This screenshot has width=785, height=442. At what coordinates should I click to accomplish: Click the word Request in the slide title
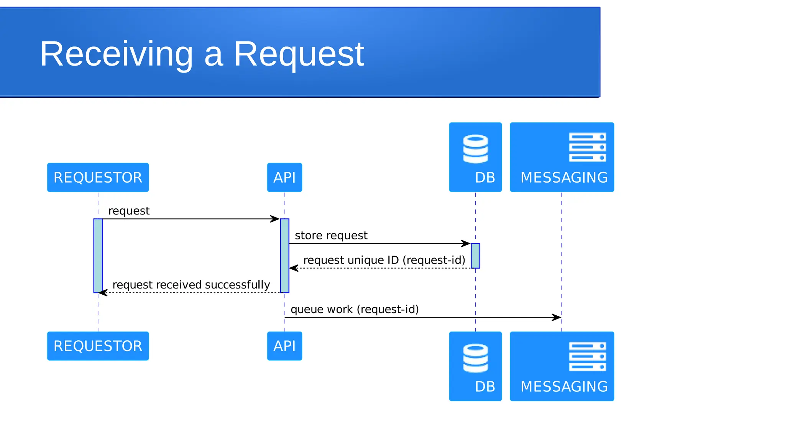(299, 54)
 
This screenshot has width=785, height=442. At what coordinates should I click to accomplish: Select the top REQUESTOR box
(98, 177)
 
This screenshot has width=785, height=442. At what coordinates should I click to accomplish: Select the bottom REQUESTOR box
(98, 346)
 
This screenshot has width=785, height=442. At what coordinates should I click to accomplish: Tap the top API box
(284, 177)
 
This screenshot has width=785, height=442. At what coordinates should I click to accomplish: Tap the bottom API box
(284, 346)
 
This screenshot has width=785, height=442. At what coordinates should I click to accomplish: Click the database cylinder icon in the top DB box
(475, 149)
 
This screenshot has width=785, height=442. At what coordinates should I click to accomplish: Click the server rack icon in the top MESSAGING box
(587, 147)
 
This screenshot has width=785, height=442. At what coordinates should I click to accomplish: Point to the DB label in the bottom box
(485, 386)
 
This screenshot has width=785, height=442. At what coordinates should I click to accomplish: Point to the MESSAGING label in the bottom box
(564, 386)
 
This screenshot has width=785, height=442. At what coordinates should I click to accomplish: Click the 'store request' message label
(331, 235)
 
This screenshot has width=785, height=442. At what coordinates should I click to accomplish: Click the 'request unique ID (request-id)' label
(384, 260)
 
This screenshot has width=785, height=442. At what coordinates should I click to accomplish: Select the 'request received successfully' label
(191, 285)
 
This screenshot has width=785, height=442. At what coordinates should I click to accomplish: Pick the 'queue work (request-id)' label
(355, 309)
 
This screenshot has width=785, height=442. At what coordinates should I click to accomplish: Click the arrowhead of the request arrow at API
(275, 219)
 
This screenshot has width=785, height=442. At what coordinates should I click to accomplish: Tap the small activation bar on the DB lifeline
(475, 256)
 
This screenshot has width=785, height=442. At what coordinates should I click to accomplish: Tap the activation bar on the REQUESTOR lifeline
(98, 256)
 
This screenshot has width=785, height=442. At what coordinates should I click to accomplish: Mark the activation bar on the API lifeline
(284, 256)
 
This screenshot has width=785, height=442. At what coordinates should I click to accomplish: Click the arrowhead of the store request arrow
(466, 243)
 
